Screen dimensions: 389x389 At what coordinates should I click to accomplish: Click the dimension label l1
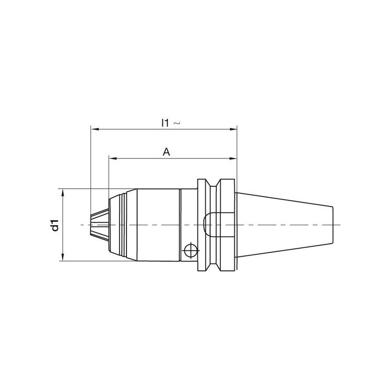pos(165,123)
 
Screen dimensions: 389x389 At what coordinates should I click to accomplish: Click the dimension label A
pos(166,152)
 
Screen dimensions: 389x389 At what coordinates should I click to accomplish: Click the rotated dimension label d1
pos(55,225)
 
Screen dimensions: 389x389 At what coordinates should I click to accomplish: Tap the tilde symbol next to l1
pos(176,123)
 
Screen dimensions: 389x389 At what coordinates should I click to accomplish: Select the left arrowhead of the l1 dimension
pos(95,129)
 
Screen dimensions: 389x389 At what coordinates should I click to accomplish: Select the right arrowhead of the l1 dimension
pos(233,129)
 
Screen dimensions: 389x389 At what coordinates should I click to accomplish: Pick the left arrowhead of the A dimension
pos(113,159)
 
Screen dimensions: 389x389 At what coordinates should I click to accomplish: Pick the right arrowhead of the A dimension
pos(233,159)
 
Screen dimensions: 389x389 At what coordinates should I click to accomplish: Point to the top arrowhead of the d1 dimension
pos(63,193)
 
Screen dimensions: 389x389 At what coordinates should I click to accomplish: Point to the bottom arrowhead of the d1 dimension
pos(63,257)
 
